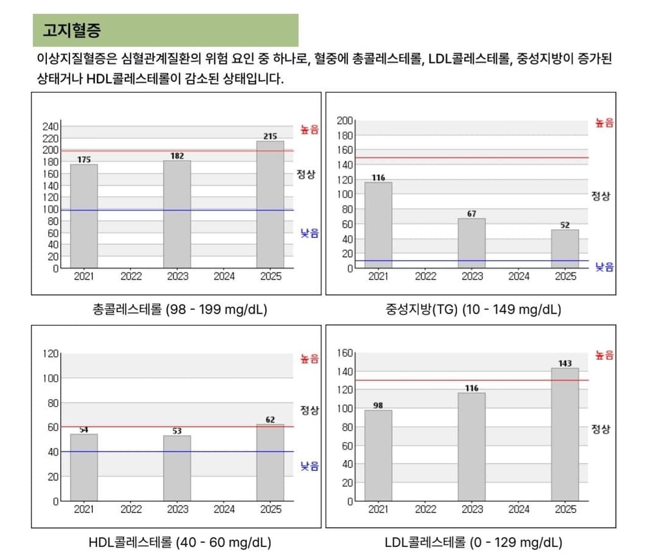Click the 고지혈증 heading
click(72, 30)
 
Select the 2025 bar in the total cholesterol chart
click(270, 204)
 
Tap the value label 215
click(270, 136)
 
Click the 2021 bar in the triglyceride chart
click(378, 225)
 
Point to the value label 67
click(472, 214)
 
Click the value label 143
click(565, 364)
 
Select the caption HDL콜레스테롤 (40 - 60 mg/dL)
click(180, 542)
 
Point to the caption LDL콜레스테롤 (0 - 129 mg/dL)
click(474, 542)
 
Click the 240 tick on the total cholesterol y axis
click(51, 127)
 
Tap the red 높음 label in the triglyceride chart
click(604, 123)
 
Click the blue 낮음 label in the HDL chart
click(309, 466)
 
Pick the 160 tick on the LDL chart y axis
click(345, 353)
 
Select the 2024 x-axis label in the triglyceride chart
click(519, 277)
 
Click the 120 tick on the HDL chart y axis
click(51, 353)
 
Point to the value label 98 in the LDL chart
click(378, 405)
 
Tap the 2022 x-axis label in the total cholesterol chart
click(131, 277)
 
